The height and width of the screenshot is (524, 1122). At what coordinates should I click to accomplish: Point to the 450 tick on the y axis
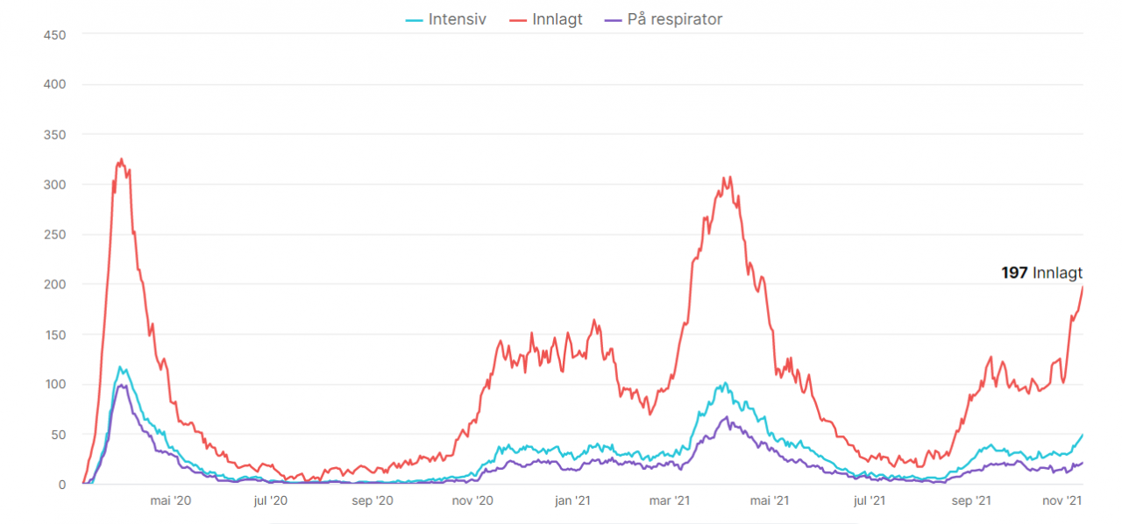click(55, 34)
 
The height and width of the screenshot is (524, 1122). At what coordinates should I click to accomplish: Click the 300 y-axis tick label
click(55, 184)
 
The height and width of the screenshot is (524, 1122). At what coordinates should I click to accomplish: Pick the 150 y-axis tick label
click(55, 335)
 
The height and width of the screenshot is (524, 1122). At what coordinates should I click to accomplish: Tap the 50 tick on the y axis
click(59, 435)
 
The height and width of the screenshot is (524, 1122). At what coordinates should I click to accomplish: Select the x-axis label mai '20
click(170, 500)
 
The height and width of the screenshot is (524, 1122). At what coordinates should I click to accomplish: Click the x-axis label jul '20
click(270, 500)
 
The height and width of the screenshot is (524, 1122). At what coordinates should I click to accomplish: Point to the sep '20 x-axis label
click(372, 500)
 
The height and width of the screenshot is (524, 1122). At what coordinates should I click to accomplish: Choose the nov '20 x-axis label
click(472, 500)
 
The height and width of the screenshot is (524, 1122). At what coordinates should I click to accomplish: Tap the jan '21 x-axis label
click(573, 500)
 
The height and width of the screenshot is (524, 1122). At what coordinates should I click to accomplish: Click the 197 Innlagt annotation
click(1041, 273)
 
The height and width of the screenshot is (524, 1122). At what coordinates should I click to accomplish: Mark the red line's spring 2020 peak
click(121, 159)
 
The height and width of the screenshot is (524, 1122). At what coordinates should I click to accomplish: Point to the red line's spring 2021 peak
click(725, 178)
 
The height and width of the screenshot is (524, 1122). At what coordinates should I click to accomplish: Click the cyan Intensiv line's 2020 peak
click(119, 367)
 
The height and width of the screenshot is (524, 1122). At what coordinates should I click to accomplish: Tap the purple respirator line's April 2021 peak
click(727, 417)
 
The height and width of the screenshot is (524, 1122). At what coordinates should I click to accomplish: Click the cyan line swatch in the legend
click(414, 19)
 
